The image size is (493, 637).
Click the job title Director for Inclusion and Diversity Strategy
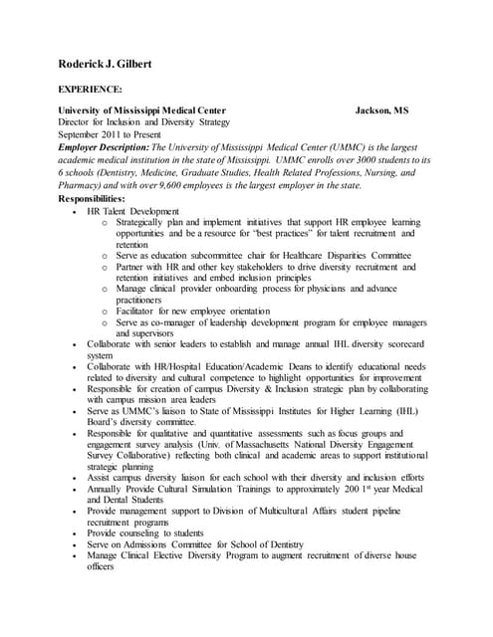[x=144, y=121]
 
